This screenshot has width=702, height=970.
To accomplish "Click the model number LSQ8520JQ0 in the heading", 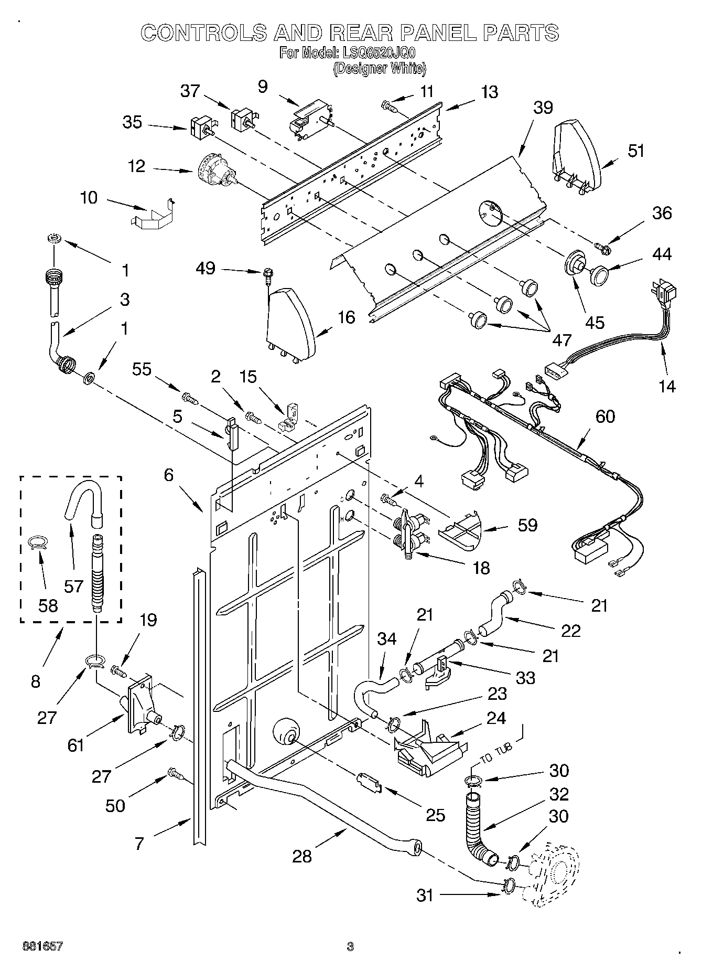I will [377, 52].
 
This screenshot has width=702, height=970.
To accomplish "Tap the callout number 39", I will [543, 108].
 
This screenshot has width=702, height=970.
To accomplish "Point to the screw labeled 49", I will [268, 274].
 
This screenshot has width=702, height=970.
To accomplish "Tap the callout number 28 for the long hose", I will [302, 856].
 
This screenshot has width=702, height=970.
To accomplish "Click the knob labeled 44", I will [598, 274].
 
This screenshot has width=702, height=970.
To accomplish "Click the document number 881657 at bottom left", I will [43, 946].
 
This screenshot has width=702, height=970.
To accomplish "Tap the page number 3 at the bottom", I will [350, 946].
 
